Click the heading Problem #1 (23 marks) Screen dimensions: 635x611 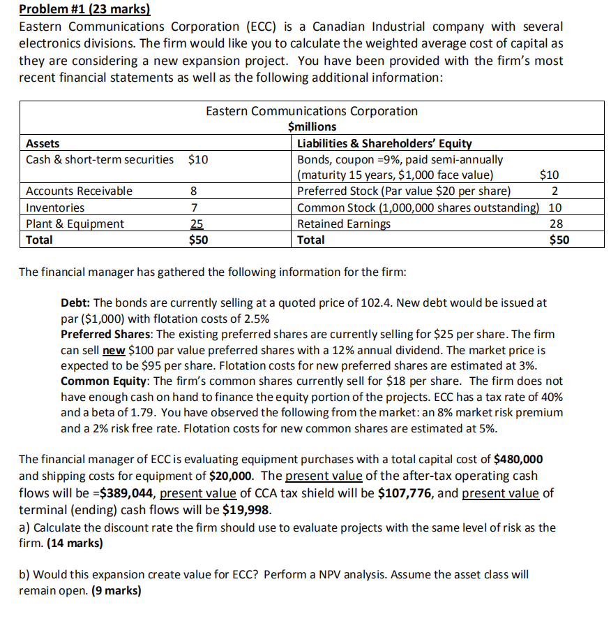tap(84, 10)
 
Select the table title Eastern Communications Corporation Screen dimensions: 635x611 tap(312, 111)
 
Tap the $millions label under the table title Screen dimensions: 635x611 tap(312, 126)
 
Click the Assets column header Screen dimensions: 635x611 tap(43, 144)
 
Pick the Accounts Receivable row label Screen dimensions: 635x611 tap(79, 191)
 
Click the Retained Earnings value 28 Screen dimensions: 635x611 tap(556, 224)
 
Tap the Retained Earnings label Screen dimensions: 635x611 tap(344, 224)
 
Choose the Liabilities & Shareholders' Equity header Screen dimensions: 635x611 tap(384, 144)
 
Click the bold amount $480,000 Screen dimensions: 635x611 tap(518, 460)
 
